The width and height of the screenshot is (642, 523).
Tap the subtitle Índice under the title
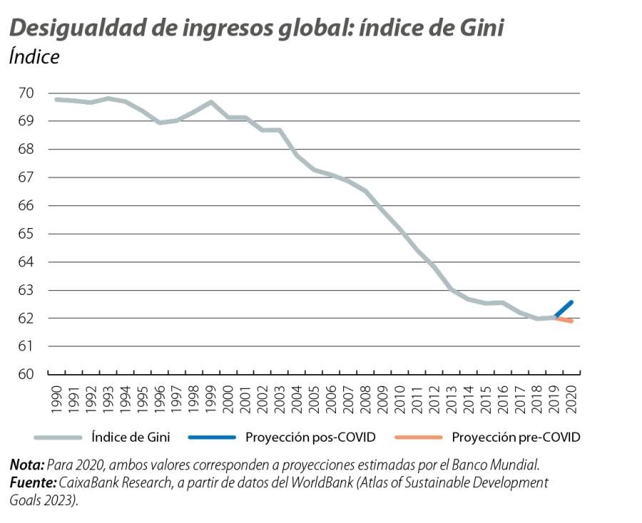coord(34,58)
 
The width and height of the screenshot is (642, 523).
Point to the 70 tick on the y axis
coord(26,93)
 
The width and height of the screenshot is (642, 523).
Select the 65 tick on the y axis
coord(26,234)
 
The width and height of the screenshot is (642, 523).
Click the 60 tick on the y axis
coord(26,374)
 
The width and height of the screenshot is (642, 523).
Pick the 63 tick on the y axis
coord(26,290)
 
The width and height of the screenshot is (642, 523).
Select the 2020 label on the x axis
coord(572,400)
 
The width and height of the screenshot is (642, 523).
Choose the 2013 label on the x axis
coord(452,400)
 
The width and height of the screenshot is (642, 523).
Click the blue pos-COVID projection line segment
coord(564,309)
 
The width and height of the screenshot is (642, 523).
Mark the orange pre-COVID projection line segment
coord(564,320)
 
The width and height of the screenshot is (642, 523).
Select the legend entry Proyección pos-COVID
coord(310,437)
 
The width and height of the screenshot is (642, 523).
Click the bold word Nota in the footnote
coord(26,465)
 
